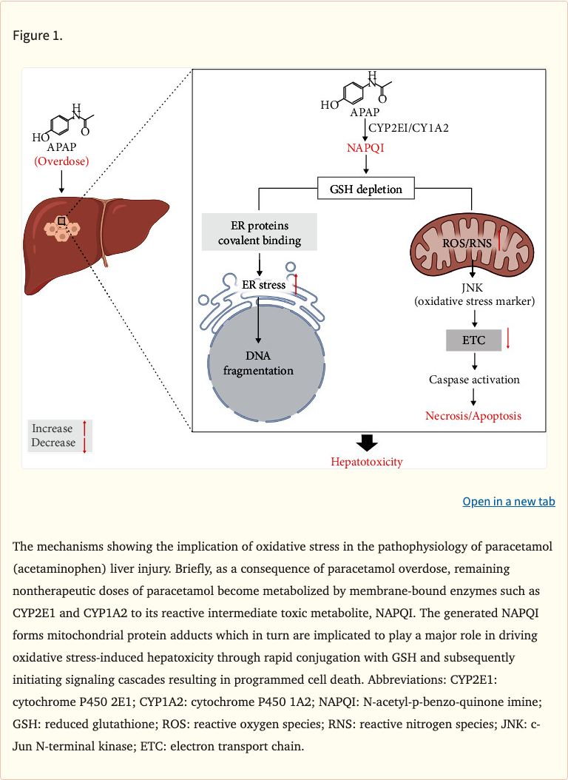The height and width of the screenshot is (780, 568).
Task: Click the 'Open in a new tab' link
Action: click(509, 502)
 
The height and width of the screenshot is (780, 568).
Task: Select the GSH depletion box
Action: click(365, 189)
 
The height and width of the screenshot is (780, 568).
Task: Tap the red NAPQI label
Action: click(365, 148)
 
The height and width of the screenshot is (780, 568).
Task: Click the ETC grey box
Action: click(473, 340)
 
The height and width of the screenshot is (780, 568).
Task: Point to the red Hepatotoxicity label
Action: click(367, 462)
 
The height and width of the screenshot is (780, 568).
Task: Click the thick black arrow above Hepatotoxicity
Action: click(367, 443)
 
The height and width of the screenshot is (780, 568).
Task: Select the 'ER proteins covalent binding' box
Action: click(260, 232)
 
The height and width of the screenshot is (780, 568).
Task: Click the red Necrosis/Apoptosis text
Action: click(473, 416)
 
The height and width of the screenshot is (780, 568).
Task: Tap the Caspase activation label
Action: click(474, 380)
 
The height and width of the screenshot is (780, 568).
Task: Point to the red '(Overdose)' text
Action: click(61, 160)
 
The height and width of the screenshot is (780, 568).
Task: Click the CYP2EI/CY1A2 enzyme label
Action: click(409, 127)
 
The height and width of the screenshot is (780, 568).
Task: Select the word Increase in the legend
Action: click(53, 428)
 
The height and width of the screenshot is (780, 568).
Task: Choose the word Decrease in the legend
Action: click(53, 443)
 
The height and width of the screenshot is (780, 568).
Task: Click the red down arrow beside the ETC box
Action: click(509, 338)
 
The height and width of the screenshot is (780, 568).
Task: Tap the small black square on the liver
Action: click(63, 221)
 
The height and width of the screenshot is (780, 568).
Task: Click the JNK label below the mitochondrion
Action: click(473, 287)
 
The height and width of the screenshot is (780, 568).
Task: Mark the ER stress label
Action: click(263, 285)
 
